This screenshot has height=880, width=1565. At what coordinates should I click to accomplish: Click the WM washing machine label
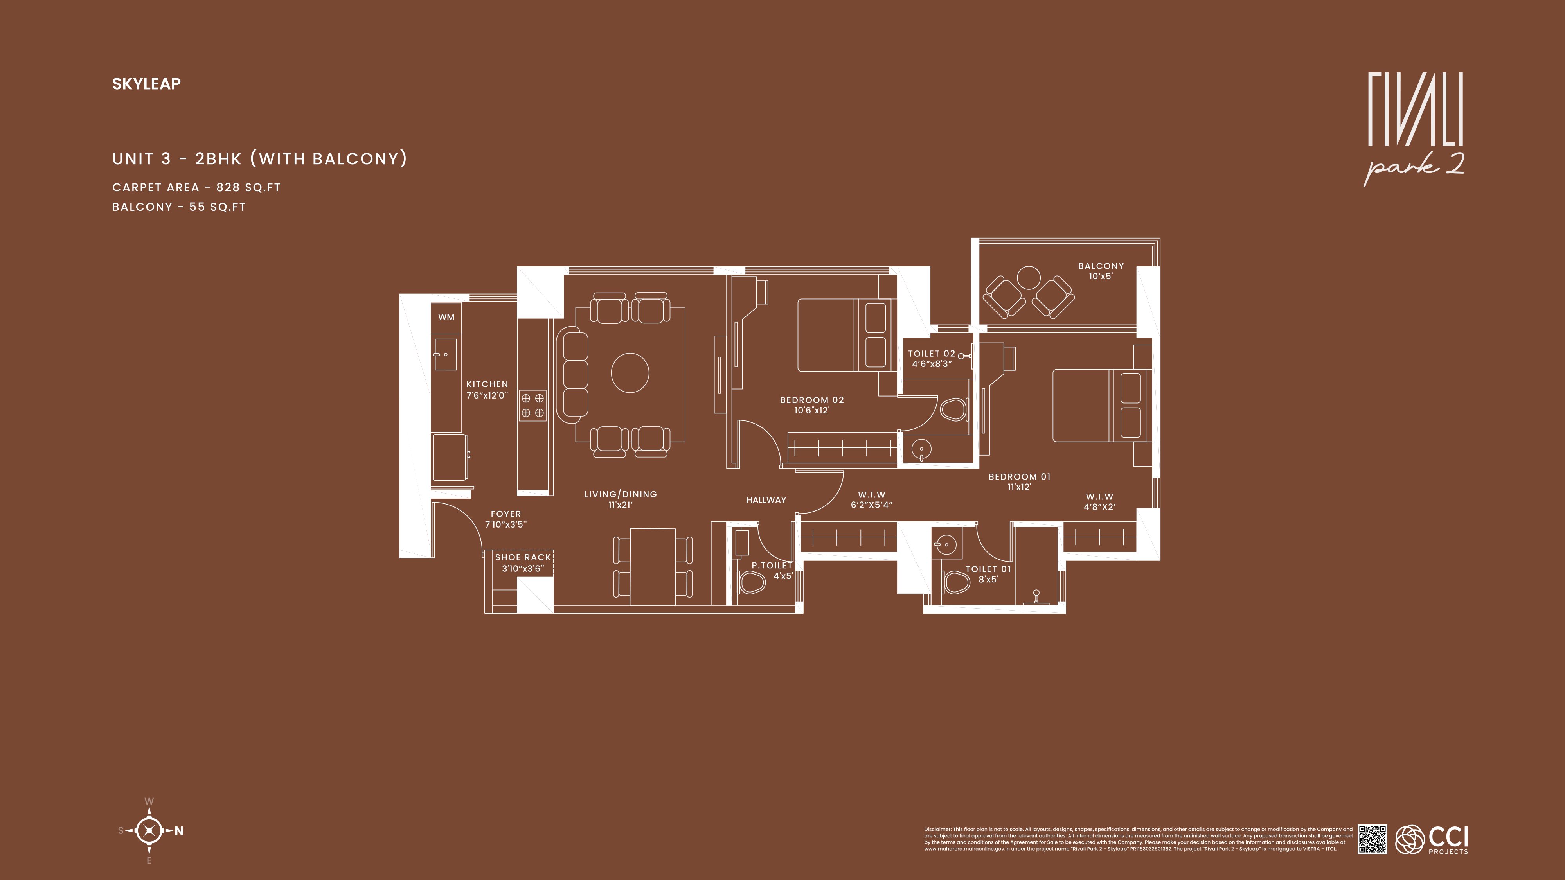[446, 317]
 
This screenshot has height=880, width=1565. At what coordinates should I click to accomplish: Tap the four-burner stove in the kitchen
[532, 406]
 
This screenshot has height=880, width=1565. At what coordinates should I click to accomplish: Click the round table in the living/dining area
[630, 373]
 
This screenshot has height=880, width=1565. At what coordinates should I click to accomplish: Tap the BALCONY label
[1101, 266]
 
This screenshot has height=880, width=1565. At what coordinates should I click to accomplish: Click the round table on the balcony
[1029, 278]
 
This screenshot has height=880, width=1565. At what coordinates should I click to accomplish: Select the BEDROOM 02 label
[812, 400]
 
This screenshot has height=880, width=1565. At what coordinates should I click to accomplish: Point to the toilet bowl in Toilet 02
[953, 409]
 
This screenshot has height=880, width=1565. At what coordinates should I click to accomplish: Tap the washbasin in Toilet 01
[945, 544]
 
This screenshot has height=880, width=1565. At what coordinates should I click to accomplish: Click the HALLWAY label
[766, 500]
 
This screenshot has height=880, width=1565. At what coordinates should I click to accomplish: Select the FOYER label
[506, 514]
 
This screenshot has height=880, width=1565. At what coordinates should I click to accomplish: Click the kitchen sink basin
[445, 355]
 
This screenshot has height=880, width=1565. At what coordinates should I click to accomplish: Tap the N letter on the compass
[179, 831]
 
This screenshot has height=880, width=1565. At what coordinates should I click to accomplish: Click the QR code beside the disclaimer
[1373, 839]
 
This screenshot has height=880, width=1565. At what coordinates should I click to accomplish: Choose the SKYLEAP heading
[146, 84]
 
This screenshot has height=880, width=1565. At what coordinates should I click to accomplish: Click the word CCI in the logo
[1448, 837]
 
